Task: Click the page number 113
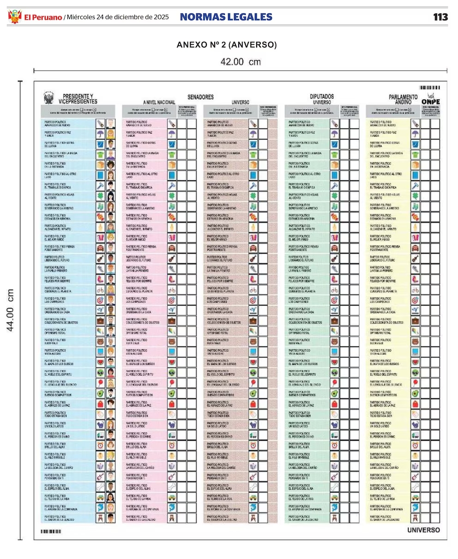point(440,17)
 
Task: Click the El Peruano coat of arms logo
point(15,17)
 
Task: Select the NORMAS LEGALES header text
point(226,17)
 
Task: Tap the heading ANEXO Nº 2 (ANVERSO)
point(227,45)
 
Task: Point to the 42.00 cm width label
point(240,62)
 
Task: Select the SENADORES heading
point(200,97)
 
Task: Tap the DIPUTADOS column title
point(322,97)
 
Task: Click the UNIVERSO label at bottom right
point(423,530)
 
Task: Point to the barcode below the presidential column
point(51,532)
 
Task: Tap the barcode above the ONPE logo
point(429,87)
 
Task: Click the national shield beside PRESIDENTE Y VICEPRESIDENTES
point(48,98)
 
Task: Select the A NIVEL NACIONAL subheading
point(159,102)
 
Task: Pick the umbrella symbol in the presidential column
point(100,134)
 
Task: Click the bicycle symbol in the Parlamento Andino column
point(415,290)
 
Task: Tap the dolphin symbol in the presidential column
point(100,508)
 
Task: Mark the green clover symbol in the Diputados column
point(334,196)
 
